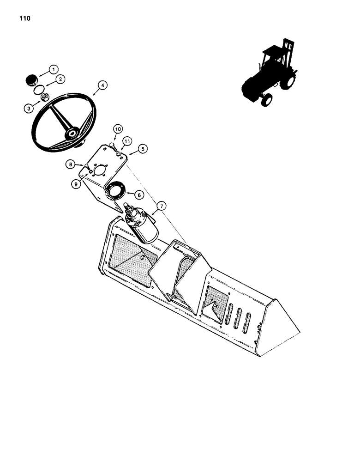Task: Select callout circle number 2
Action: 60,79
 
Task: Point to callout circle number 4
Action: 102,85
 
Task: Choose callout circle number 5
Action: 143,149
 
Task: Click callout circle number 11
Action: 127,140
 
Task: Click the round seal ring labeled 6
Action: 116,191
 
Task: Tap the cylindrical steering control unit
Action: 143,226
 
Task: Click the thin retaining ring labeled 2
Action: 40,89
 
